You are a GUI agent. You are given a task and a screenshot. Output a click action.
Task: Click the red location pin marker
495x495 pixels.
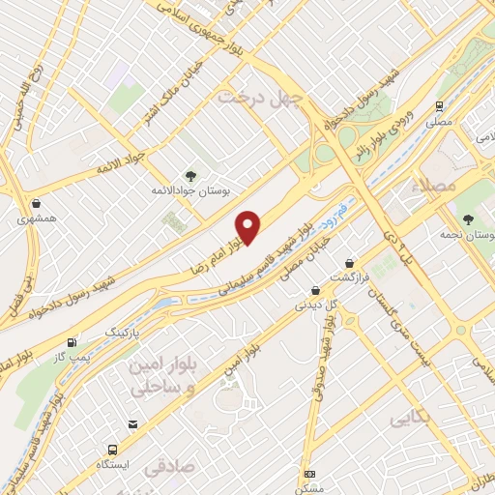pyautogui.click(x=249, y=227)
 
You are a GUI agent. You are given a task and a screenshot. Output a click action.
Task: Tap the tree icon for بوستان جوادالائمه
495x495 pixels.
pyautogui.click(x=189, y=175)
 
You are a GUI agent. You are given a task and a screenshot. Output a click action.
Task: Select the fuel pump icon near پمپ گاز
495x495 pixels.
pyautogui.click(x=73, y=343)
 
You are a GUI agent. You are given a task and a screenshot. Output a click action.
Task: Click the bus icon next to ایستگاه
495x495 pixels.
pyautogui.click(x=114, y=451)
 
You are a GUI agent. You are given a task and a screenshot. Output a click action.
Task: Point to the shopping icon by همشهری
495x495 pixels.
pyautogui.click(x=36, y=204)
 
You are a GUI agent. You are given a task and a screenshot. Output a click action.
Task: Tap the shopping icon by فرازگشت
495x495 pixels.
pyautogui.click(x=349, y=262)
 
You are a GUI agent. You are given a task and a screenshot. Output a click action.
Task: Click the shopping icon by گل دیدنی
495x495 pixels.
pyautogui.click(x=315, y=290)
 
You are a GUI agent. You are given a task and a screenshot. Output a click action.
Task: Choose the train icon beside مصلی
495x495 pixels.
pyautogui.click(x=439, y=106)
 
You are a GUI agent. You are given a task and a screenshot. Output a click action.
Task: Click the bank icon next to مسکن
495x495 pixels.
pyautogui.click(x=309, y=474)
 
